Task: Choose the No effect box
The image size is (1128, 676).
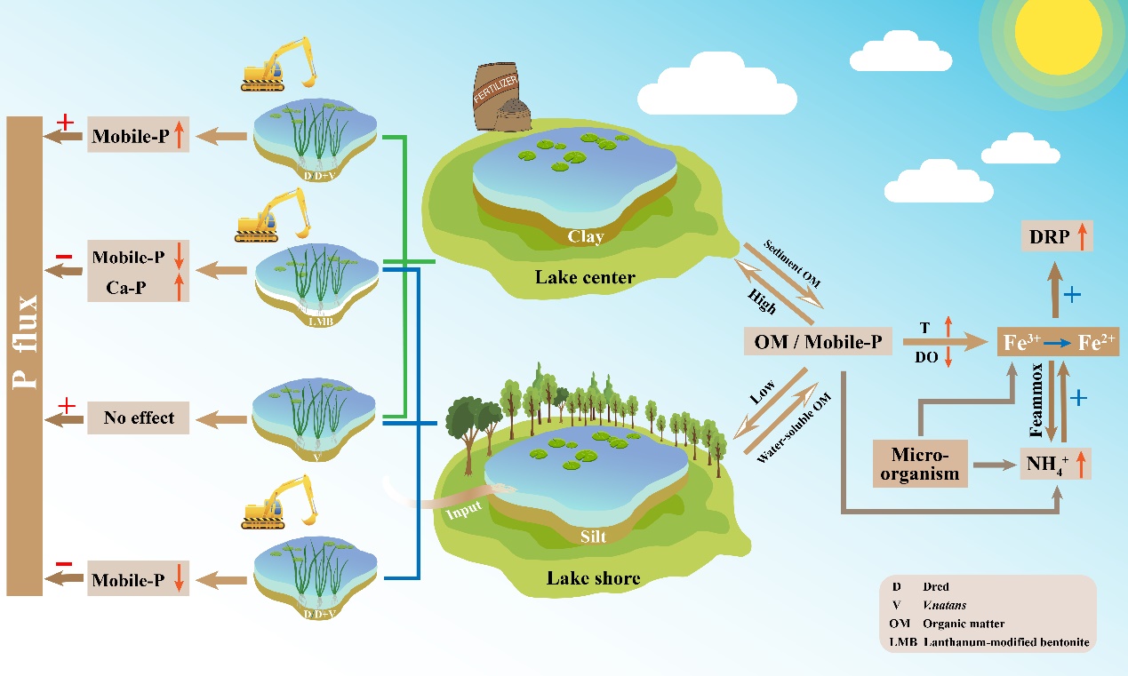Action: point(139,417)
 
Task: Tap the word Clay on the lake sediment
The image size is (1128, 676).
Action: point(586,237)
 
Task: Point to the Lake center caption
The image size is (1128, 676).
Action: point(585,277)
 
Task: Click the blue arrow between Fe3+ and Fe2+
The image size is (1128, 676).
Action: point(1057,342)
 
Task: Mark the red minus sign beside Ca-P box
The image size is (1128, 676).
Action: point(64,257)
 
